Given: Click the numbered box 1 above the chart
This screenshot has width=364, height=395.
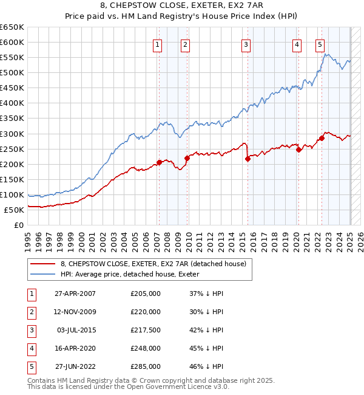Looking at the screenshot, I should [x=157, y=44].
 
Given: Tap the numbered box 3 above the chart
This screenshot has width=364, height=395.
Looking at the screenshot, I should [x=246, y=44].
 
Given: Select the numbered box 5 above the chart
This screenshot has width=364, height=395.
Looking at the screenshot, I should [x=320, y=44].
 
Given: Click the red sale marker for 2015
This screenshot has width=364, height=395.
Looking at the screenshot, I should [x=248, y=159].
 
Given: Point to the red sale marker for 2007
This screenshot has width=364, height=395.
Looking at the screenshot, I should [x=159, y=162].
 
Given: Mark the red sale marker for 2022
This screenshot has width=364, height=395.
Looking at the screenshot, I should [x=322, y=138].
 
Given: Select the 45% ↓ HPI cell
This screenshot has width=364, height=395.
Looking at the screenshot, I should [x=207, y=348].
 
